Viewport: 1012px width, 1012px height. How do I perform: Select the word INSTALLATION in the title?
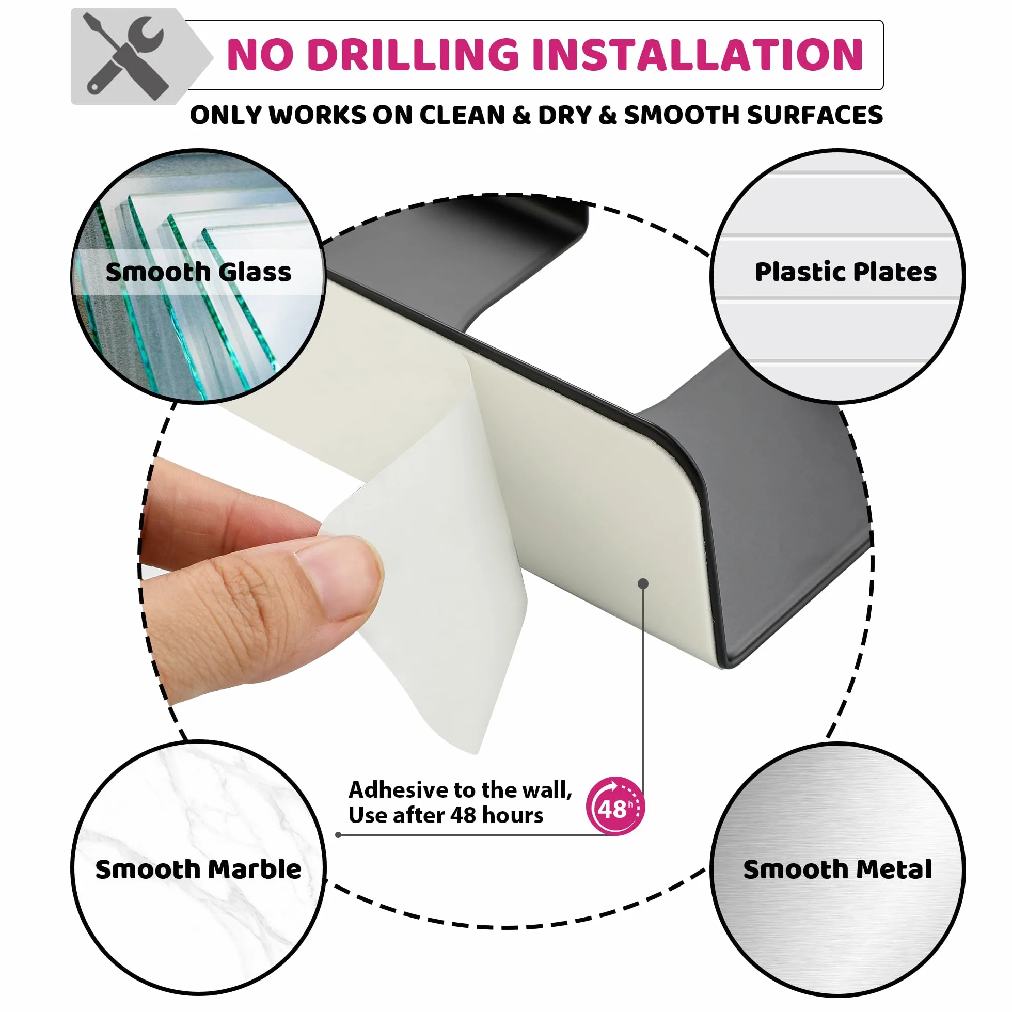pos(697,55)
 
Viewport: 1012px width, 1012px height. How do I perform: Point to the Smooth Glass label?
pos(198,272)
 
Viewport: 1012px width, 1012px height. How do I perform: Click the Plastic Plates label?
pos(845,272)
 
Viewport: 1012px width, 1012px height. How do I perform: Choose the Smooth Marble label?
pos(198,869)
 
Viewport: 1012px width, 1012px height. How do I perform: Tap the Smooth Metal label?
pos(837,869)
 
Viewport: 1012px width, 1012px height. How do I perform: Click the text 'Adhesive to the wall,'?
pos(460,790)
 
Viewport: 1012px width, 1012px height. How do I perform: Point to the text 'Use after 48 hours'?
pos(446,815)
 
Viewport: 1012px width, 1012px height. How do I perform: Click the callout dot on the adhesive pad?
pos(644,583)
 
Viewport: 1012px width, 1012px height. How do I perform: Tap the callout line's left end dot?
pos(338,835)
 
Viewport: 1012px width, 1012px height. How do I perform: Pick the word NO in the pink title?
pos(259,55)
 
